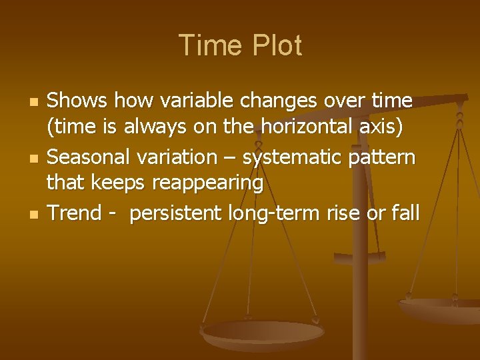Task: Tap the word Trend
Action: click(x=73, y=213)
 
